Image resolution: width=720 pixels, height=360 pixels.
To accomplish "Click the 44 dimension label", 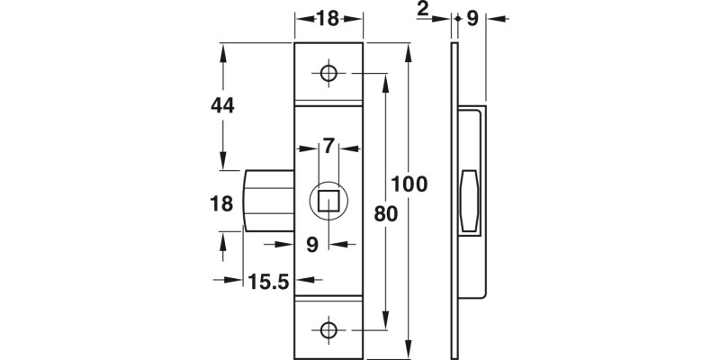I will (222, 105).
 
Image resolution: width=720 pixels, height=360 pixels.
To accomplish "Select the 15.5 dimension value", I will (267, 282).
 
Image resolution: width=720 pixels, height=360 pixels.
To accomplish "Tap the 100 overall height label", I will (409, 184).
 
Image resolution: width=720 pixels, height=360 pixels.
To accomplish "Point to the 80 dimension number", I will (385, 215).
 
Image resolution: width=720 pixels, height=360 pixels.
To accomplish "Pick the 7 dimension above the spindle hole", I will (328, 145).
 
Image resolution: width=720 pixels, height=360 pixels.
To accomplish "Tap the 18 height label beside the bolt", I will (222, 203).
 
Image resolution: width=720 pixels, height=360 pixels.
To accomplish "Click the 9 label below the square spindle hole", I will (311, 243).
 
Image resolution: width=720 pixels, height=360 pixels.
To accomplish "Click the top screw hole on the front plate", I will (329, 74).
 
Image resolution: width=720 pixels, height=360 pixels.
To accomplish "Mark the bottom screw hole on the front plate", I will (329, 328).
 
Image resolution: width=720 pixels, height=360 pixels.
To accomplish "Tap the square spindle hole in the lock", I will (329, 200).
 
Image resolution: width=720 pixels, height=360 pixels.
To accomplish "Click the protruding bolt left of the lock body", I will (268, 201).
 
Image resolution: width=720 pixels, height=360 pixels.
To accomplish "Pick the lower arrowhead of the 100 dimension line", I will (409, 352).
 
